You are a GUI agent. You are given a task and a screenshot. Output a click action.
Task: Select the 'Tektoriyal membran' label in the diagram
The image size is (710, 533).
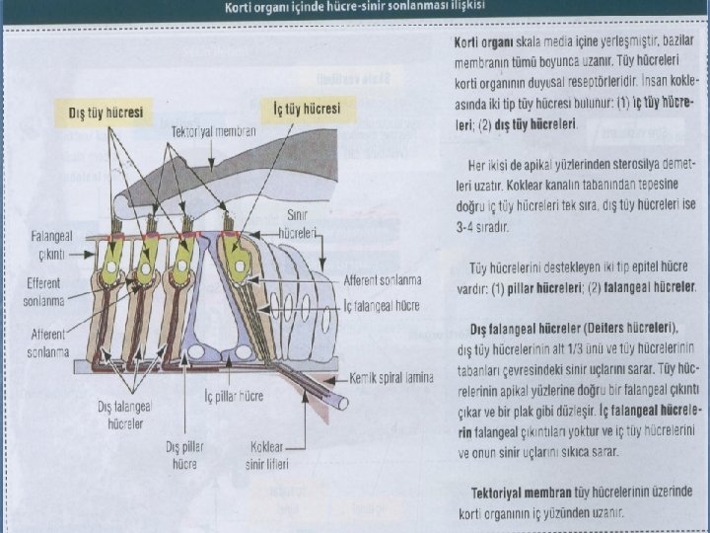(x=214, y=131)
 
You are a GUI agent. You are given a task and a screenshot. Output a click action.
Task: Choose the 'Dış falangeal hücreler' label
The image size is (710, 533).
(x=121, y=415)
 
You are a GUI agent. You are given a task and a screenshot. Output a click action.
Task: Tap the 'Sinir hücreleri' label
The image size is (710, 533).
(x=296, y=222)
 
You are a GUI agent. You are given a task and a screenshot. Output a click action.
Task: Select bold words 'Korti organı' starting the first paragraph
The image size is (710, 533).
(x=481, y=45)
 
